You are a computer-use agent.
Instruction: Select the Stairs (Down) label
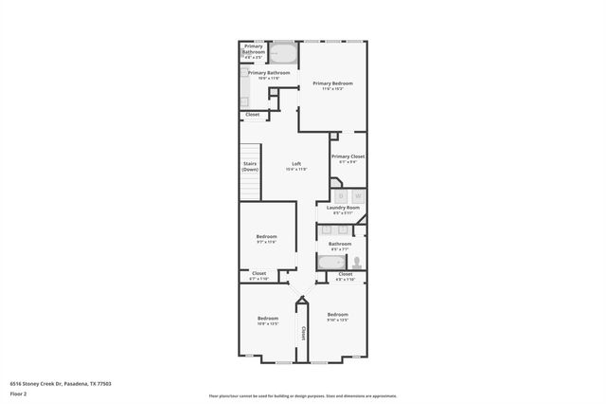coord(250,166)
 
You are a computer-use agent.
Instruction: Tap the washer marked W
coord(357,195)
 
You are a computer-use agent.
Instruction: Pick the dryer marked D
coord(341,195)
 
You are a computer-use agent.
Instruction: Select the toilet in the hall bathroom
coord(357,263)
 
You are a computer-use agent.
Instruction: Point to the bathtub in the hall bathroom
coord(332,263)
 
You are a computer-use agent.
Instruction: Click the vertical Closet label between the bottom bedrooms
coord(303,333)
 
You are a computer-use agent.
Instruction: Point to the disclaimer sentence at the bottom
coord(302,395)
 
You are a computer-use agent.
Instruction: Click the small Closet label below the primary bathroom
coord(252,115)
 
